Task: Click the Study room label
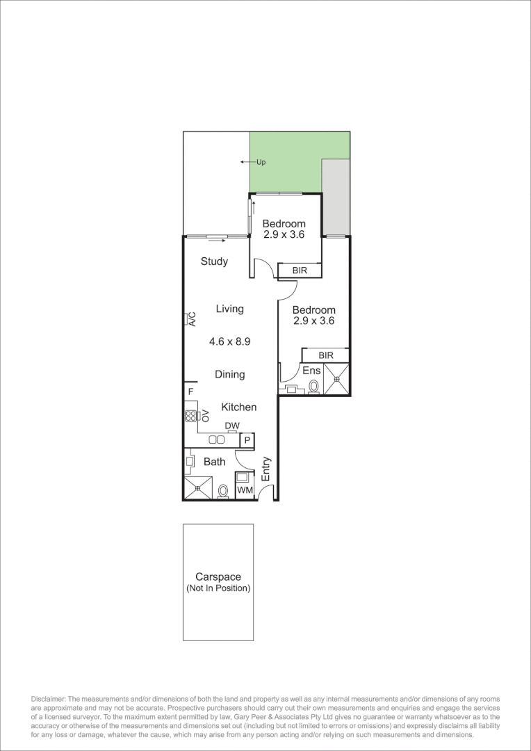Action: coord(214,261)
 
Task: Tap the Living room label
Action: coord(229,309)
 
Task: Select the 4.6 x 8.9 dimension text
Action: coord(229,341)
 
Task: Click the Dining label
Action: coord(229,374)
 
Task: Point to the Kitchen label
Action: coord(238,407)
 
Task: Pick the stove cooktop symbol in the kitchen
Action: coord(191,417)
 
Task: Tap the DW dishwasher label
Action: coord(232,426)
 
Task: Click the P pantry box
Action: coord(246,440)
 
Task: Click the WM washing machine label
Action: coord(244,491)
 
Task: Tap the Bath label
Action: coord(214,461)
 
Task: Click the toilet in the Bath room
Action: coord(223,491)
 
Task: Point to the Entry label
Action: coord(265,469)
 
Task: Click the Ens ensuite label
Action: coord(311,371)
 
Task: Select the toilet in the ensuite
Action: coord(313,386)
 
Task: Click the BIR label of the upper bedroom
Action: coord(300,270)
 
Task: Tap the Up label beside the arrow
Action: coord(261,162)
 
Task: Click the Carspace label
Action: coord(218,576)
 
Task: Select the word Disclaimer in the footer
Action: coord(48,698)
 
